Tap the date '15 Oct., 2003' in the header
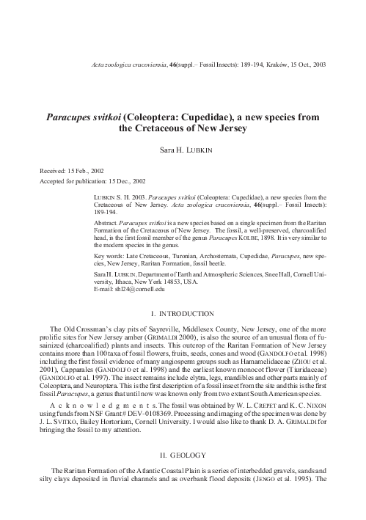click(x=306, y=65)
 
